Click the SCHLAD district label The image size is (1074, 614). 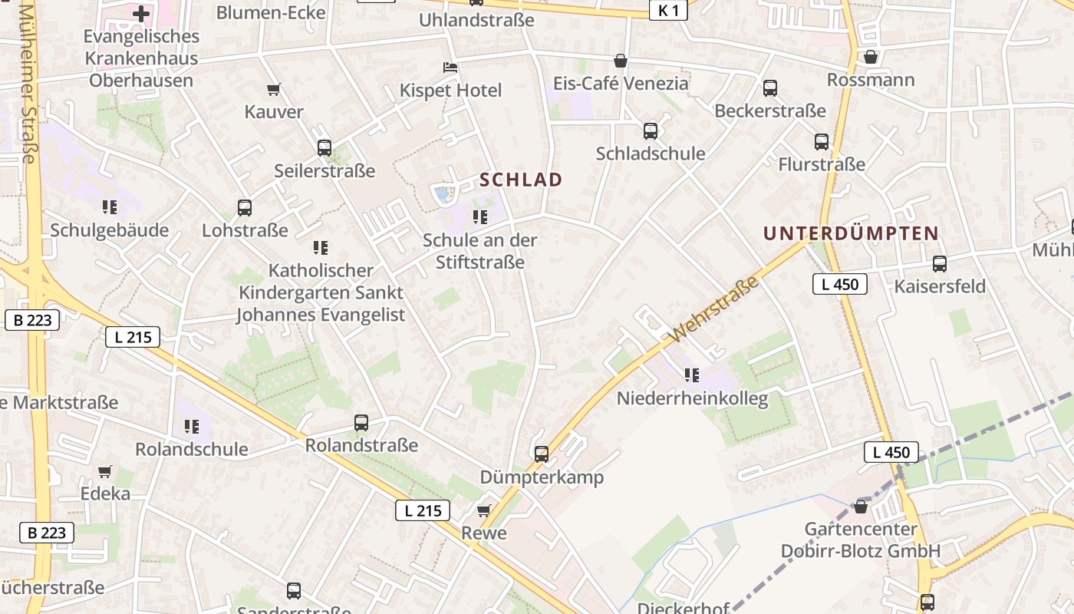coord(521,180)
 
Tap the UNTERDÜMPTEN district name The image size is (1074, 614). coord(851,233)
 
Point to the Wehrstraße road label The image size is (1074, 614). coord(713,311)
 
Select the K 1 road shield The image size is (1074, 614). coord(667,10)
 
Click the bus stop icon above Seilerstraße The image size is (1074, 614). coord(325,148)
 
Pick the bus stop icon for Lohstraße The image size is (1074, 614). coord(245,208)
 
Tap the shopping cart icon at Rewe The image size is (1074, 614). coord(483,510)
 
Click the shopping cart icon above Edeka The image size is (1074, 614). coord(105,471)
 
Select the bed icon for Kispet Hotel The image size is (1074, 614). coord(450,68)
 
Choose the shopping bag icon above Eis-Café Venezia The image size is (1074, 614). coord(621,61)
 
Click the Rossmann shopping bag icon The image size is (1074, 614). coord(871,58)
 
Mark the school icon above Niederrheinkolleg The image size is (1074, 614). coord(692,375)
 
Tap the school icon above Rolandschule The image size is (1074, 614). coord(192,426)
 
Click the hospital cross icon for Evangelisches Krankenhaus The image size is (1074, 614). coord(141,13)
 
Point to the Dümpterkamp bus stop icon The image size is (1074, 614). coord(542,454)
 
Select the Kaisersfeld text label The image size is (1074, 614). coord(940,286)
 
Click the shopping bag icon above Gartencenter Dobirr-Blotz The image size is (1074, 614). coord(861,507)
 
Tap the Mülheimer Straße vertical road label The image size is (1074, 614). coord(28,84)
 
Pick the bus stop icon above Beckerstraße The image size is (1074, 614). coord(770,88)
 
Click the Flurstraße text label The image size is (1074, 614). coord(822,164)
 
